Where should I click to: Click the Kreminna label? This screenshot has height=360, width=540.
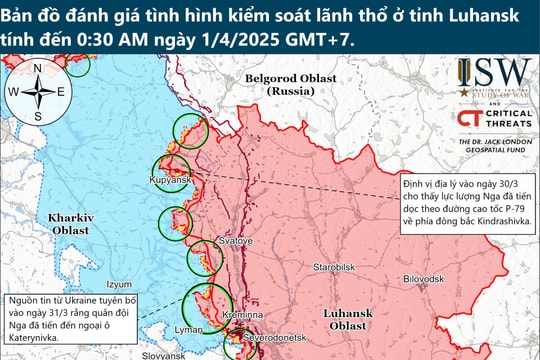246,315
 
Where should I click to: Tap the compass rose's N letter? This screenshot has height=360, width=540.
38,68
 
